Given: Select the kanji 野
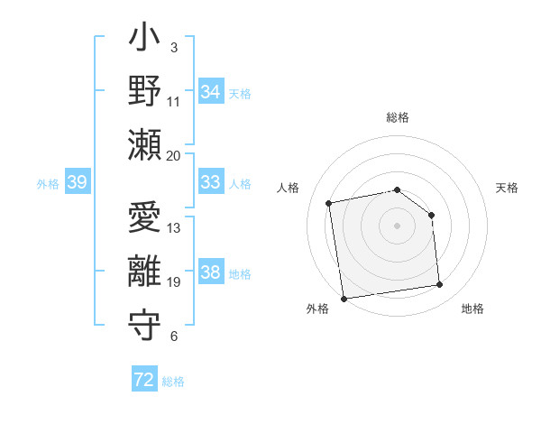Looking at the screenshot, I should point(145,91).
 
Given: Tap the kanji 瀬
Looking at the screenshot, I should point(145,144).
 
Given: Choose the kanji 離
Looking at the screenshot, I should point(145,272).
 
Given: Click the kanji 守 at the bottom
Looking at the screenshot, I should point(145,325).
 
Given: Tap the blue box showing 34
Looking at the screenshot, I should point(210,91).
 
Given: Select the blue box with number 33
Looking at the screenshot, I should point(210,182).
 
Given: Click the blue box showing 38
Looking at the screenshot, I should point(210,273).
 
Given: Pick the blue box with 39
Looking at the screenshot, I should point(77,182).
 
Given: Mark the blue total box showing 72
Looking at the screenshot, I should point(144,380).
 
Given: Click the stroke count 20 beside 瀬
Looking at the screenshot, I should point(174,155).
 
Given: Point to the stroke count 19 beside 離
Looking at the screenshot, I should point(174,282).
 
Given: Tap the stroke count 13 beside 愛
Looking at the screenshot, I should point(174,228).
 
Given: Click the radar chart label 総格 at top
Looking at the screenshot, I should point(398,117).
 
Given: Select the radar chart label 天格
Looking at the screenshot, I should point(507,188).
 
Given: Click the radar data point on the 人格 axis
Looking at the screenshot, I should point(329,203).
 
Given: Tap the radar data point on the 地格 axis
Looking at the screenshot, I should point(440,285).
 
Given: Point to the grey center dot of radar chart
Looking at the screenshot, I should point(398,226).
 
